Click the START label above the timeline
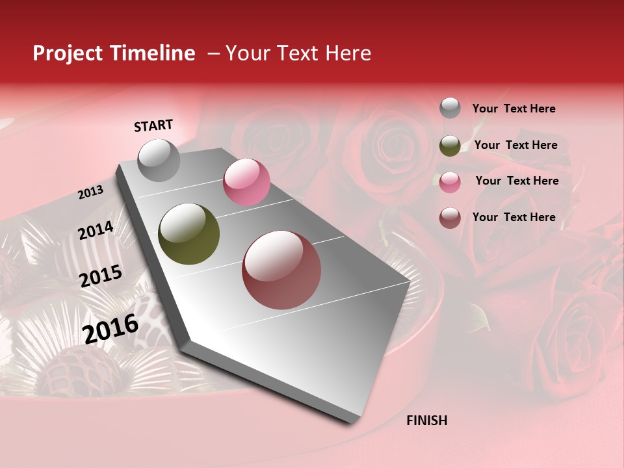[153, 125]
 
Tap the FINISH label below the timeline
[426, 421]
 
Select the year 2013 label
[90, 192]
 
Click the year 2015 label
[101, 276]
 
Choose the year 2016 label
[110, 329]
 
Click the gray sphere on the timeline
[159, 160]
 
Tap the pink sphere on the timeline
[246, 182]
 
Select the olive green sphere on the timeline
[189, 234]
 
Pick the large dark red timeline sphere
[281, 270]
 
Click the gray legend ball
[450, 109]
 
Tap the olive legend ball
[450, 146]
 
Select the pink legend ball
[450, 181]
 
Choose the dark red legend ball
[450, 218]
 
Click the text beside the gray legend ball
[513, 109]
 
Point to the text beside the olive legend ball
[515, 145]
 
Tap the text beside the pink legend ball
[517, 181]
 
